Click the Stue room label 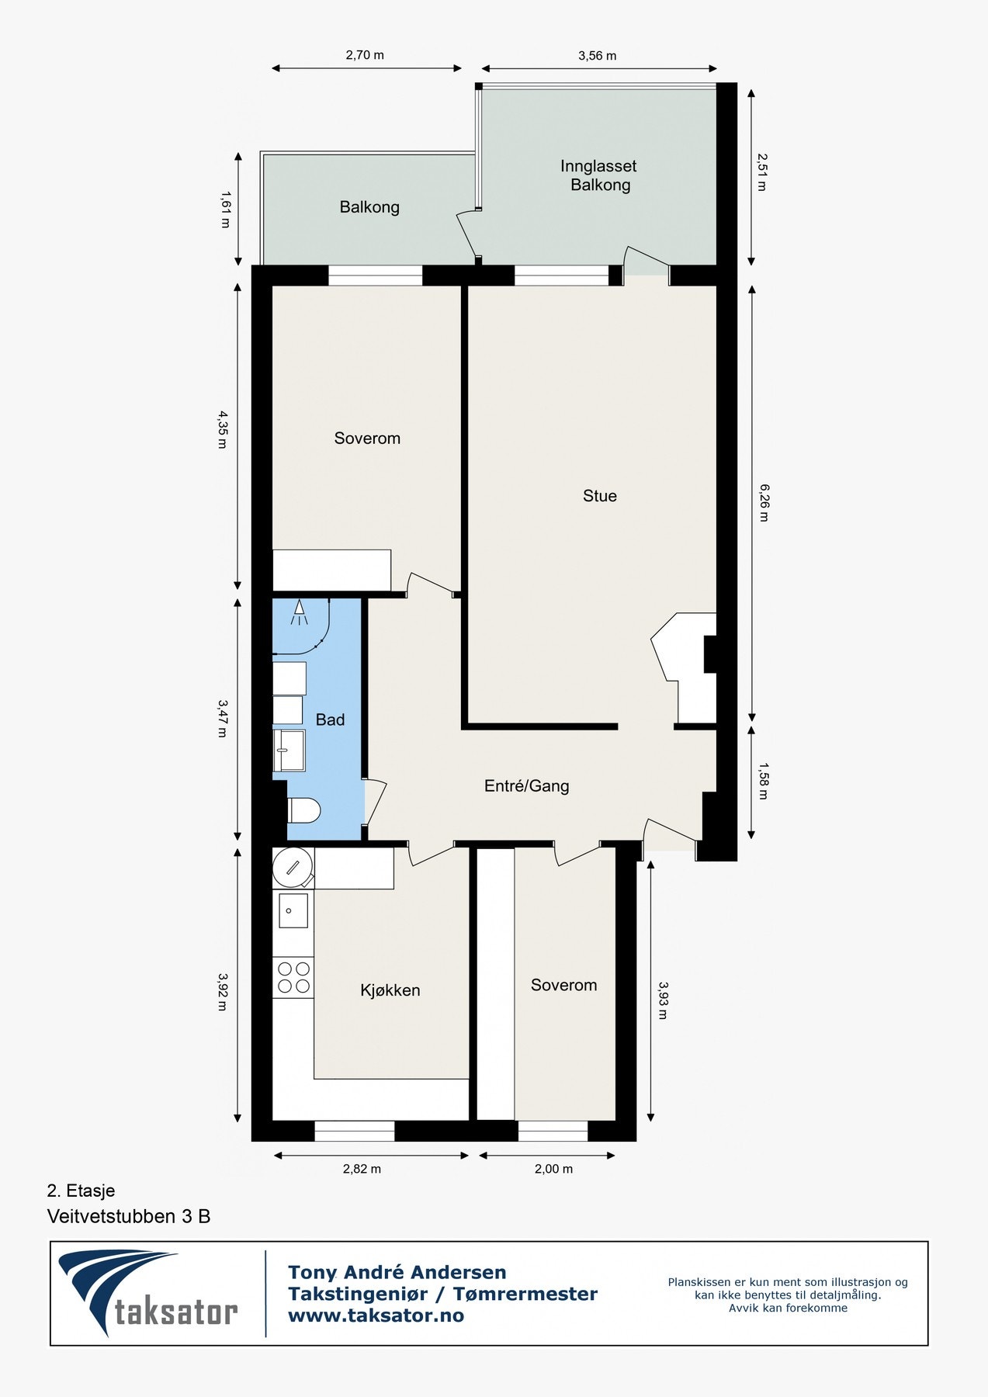600,496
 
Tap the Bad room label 330,720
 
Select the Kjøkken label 390,990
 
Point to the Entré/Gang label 527,786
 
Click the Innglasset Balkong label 599,175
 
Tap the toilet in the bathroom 303,811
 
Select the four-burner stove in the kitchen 293,977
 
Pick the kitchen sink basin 293,910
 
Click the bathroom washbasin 289,750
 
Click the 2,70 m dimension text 365,55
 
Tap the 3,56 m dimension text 598,56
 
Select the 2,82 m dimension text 362,1169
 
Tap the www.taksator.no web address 376,1315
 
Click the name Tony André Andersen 397,1272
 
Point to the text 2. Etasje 81,1191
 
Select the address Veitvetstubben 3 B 129,1216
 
